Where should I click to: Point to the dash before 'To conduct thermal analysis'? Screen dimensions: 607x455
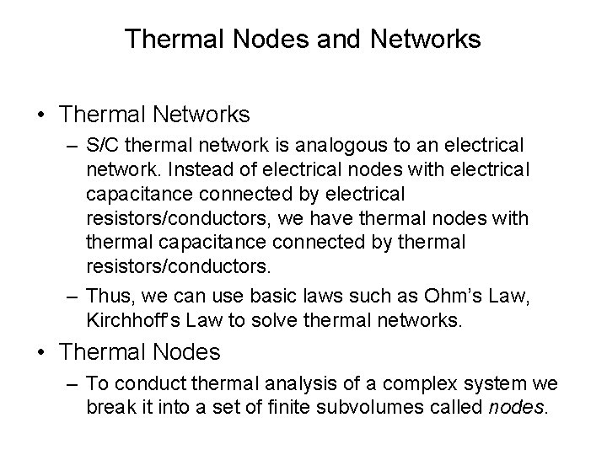click(72, 384)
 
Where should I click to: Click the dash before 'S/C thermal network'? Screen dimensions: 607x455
click(72, 147)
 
